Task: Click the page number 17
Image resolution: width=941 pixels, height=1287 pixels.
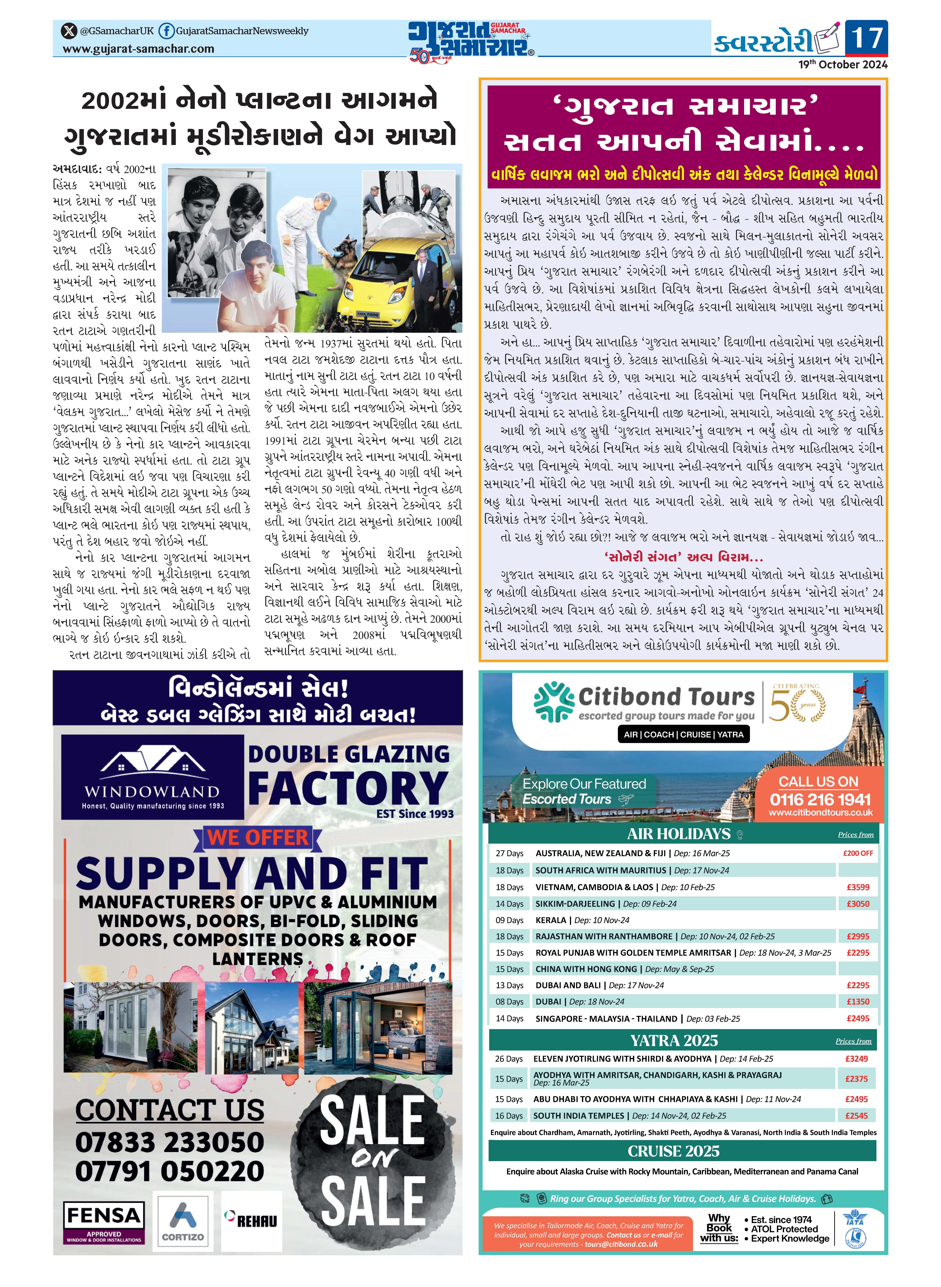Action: pyautogui.click(x=866, y=38)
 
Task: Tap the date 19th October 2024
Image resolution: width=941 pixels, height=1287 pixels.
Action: pyautogui.click(x=842, y=64)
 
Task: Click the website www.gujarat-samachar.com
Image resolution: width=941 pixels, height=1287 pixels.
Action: pyautogui.click(x=138, y=49)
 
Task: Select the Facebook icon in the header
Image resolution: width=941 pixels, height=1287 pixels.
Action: pyautogui.click(x=166, y=31)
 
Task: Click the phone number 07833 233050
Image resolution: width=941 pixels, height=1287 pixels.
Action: pyautogui.click(x=170, y=1142)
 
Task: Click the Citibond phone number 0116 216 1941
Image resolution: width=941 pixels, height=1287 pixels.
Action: pyautogui.click(x=820, y=799)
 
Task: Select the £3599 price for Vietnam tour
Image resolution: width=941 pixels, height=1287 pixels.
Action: pyautogui.click(x=857, y=887)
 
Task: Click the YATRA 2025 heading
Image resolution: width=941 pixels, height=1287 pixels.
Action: pyautogui.click(x=674, y=1041)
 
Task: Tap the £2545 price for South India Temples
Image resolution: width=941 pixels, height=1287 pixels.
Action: pyautogui.click(x=856, y=1116)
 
